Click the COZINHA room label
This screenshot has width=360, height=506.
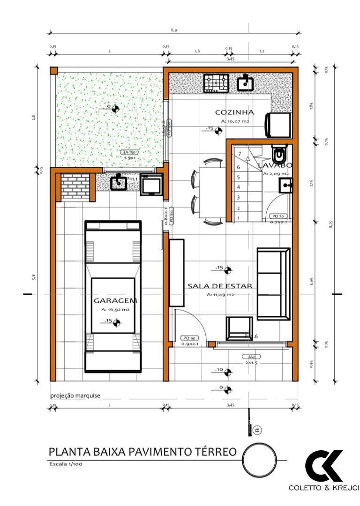pos(234,112)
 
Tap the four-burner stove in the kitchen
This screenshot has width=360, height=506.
pos(216,83)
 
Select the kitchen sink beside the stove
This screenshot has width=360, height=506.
pos(245,83)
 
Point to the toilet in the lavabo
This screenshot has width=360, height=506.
pos(279,154)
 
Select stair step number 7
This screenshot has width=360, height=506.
pos(239,154)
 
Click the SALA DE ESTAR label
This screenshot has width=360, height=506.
pos(220,286)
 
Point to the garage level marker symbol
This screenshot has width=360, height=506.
pos(117,322)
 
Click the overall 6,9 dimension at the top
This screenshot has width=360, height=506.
pos(174,30)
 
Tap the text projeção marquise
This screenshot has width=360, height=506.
pos(75,395)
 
